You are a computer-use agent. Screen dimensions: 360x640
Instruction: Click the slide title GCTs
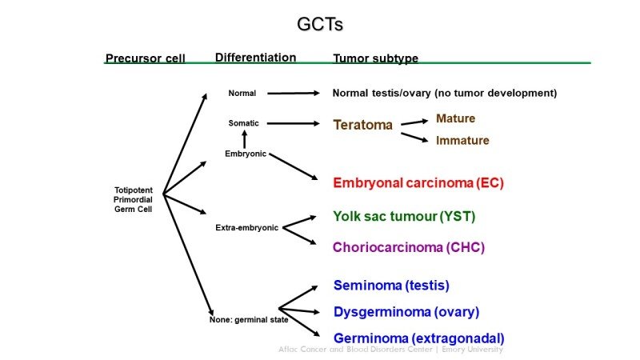[319, 25]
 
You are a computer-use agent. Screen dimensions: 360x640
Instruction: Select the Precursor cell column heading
[145, 58]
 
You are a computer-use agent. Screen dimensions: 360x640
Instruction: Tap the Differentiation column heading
[255, 58]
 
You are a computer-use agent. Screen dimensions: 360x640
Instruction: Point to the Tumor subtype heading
[375, 58]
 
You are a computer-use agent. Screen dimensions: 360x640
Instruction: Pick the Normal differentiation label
[242, 94]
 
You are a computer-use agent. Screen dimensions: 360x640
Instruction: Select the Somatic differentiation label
[243, 123]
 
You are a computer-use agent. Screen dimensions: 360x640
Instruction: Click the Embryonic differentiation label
[245, 154]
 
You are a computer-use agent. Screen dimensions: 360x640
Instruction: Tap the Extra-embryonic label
[246, 228]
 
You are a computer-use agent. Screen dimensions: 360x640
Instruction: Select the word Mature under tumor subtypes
[455, 118]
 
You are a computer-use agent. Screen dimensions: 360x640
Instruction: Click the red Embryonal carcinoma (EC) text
[418, 182]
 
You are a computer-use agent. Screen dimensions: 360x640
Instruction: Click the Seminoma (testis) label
[390, 286]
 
